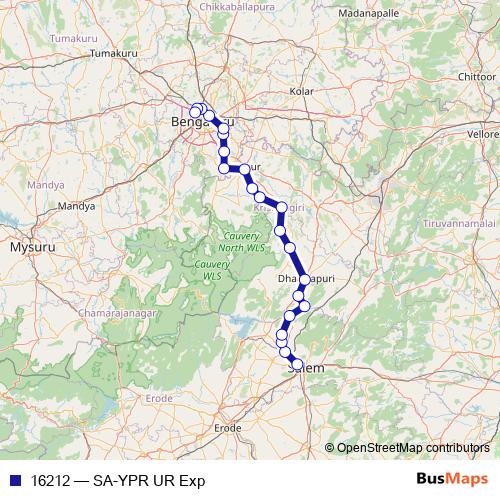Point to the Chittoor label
pos(475,76)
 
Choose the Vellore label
pos(482,133)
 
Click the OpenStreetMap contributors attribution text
pos(413,448)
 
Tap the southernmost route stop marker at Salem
pos(296,365)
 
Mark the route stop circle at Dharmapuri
pos(304,281)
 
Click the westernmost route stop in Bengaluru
pos(195,112)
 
